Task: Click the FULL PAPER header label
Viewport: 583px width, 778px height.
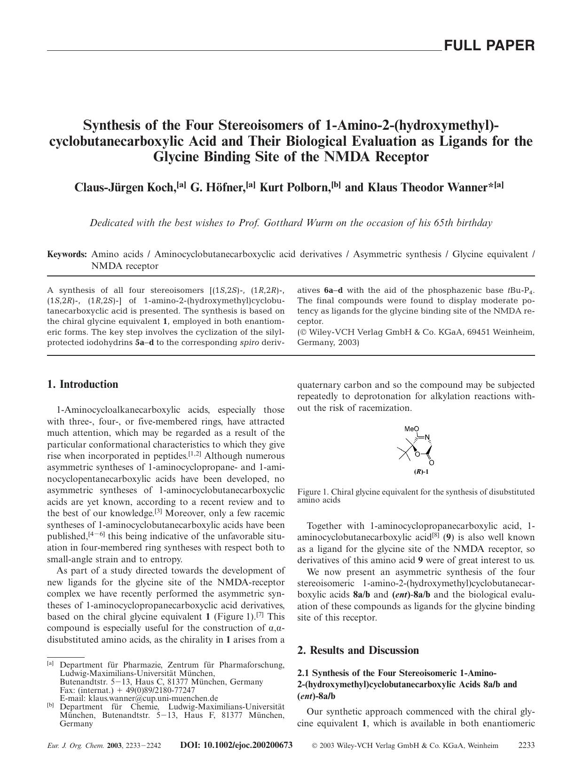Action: (x=489, y=46)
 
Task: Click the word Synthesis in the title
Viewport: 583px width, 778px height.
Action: (x=112, y=126)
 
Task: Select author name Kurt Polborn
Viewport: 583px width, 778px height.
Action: (x=295, y=188)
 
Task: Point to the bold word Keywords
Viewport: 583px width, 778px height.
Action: (x=67, y=254)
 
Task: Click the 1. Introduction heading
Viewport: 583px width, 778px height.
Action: (x=83, y=385)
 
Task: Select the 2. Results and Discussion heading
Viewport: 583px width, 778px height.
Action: (x=358, y=651)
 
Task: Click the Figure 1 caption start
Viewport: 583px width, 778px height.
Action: (x=313, y=492)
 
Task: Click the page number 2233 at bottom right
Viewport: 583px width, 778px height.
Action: (x=526, y=745)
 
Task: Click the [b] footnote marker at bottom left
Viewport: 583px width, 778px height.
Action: (x=50, y=706)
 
